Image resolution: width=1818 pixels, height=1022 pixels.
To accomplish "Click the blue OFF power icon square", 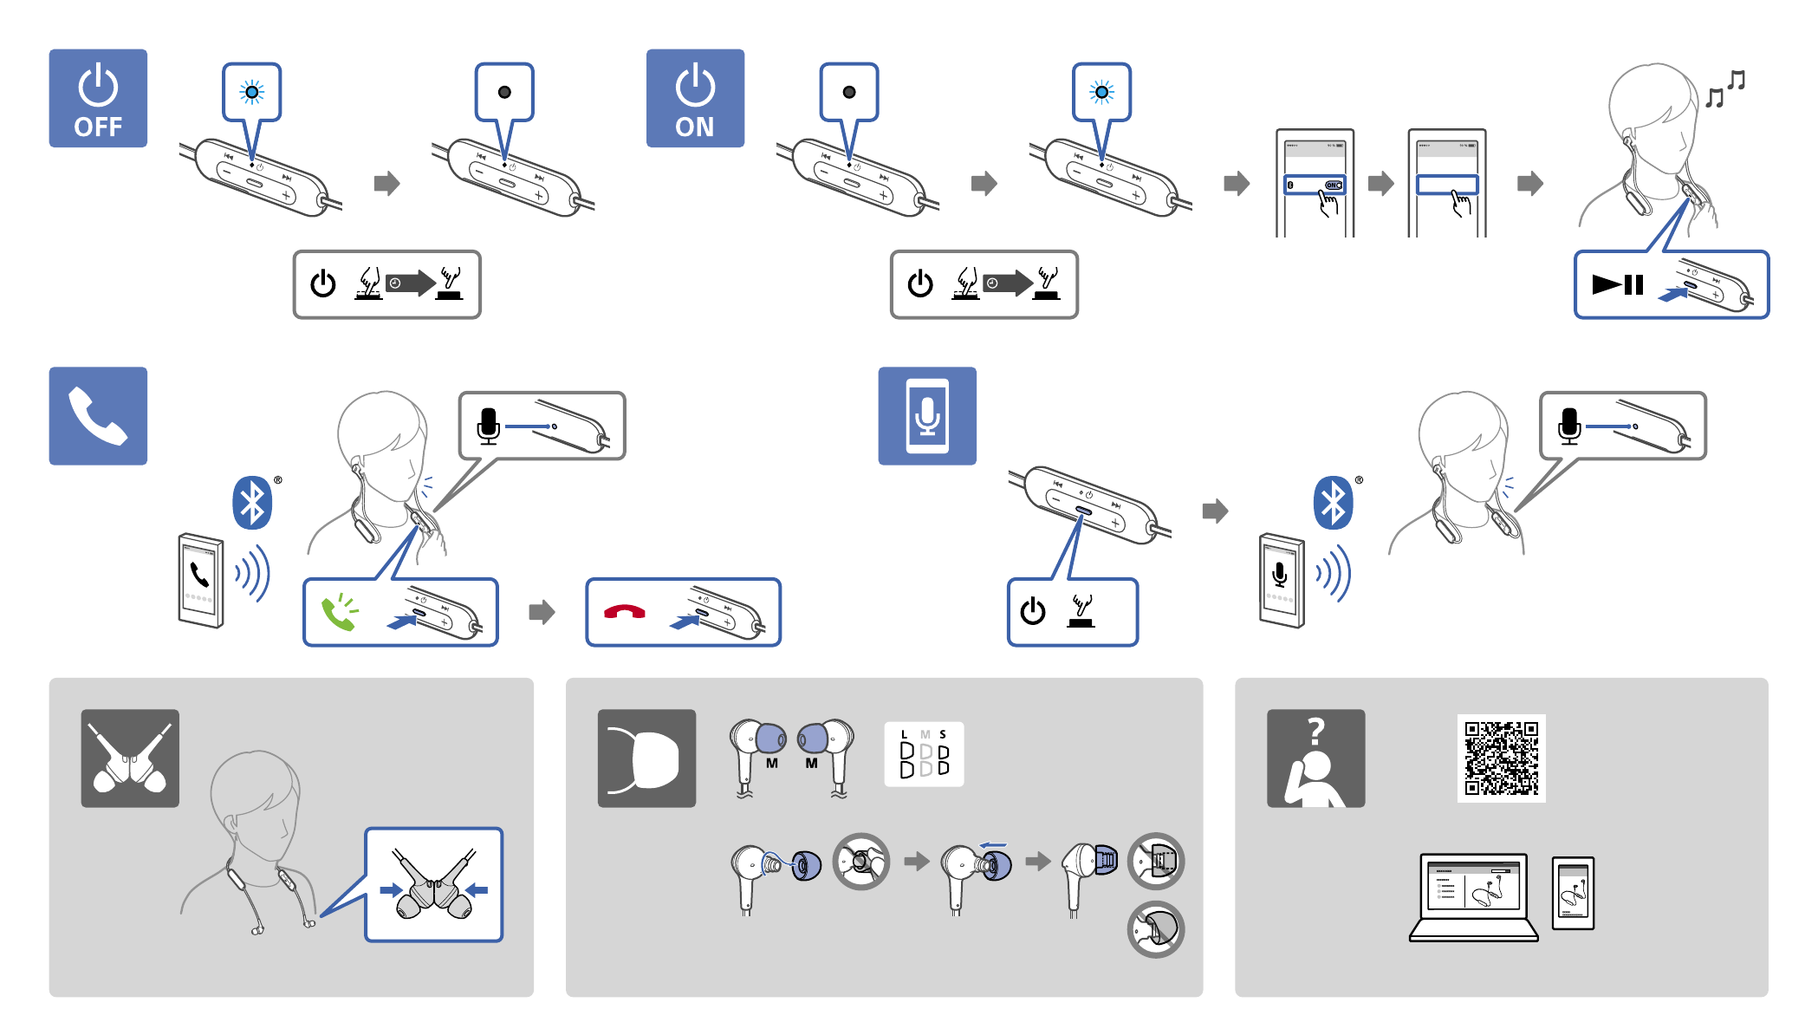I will click(x=98, y=98).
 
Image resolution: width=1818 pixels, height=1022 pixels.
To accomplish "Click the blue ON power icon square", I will click(x=695, y=98).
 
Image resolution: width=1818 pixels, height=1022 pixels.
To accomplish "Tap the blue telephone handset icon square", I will click(x=98, y=416).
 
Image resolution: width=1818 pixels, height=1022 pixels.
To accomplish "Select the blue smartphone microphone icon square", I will click(x=927, y=416).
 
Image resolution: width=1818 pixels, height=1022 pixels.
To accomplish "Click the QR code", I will click(x=1501, y=758).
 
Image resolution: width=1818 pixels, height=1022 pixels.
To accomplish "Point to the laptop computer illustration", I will click(x=1473, y=896).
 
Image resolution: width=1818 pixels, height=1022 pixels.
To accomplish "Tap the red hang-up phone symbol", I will click(x=624, y=612).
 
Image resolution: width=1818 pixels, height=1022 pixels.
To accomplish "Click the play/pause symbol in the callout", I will click(x=1617, y=284).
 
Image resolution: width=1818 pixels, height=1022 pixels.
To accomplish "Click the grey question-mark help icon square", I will click(x=1315, y=758).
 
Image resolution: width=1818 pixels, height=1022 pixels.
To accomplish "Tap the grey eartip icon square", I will click(x=646, y=758).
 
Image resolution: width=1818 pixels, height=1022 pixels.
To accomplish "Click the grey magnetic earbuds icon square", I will click(x=130, y=758).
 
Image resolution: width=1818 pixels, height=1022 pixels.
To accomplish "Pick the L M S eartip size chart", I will click(x=924, y=754).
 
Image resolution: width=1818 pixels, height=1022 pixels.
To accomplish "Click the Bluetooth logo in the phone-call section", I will click(x=252, y=503).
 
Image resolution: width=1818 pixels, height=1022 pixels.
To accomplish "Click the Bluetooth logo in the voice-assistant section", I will click(x=1333, y=503).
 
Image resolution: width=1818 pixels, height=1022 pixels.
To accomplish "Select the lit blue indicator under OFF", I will click(x=252, y=92).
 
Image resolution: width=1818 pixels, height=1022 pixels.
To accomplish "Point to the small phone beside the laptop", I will click(x=1573, y=893).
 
